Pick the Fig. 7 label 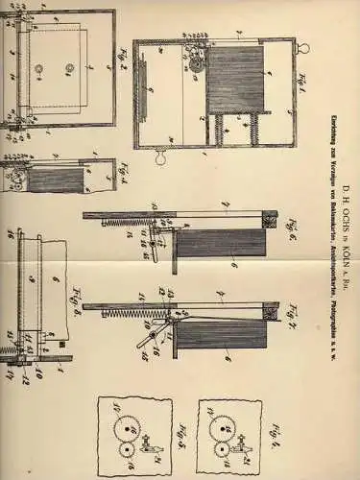[272, 317]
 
